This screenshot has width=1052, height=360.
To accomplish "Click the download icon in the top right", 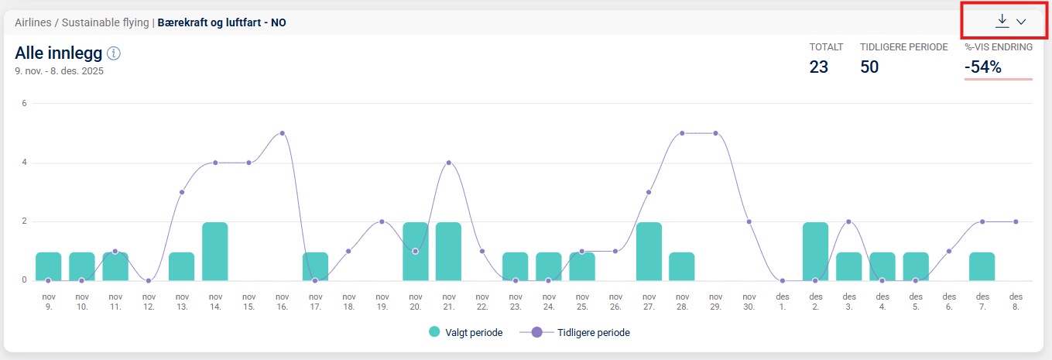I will [x=1002, y=21].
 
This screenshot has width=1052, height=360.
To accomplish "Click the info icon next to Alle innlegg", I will [x=114, y=53].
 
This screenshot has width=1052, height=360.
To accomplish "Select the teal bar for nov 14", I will [x=215, y=251].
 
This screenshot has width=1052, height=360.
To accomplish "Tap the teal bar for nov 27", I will [x=649, y=251].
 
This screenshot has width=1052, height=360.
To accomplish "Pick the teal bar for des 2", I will [x=815, y=251].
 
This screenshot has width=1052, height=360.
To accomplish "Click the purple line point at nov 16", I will [x=283, y=133].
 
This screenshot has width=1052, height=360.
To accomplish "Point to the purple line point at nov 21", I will [x=449, y=163].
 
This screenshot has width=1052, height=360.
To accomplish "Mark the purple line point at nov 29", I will [x=715, y=133].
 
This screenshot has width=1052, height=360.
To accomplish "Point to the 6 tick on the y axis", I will [x=24, y=103].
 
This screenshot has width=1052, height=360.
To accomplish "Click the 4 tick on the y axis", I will [x=24, y=163].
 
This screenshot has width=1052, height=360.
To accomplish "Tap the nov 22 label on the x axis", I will [x=482, y=301].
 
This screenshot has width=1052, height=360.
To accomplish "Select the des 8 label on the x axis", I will [x=1016, y=301].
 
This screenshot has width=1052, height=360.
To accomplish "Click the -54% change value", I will [x=983, y=67].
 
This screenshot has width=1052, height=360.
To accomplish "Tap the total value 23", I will [x=819, y=67].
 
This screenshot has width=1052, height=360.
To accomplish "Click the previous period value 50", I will [x=869, y=67].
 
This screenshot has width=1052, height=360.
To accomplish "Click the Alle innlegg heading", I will [x=58, y=53].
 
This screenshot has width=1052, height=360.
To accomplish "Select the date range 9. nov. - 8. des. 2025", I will [x=59, y=71].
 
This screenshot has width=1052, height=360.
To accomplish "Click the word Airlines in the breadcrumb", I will [x=33, y=22].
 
